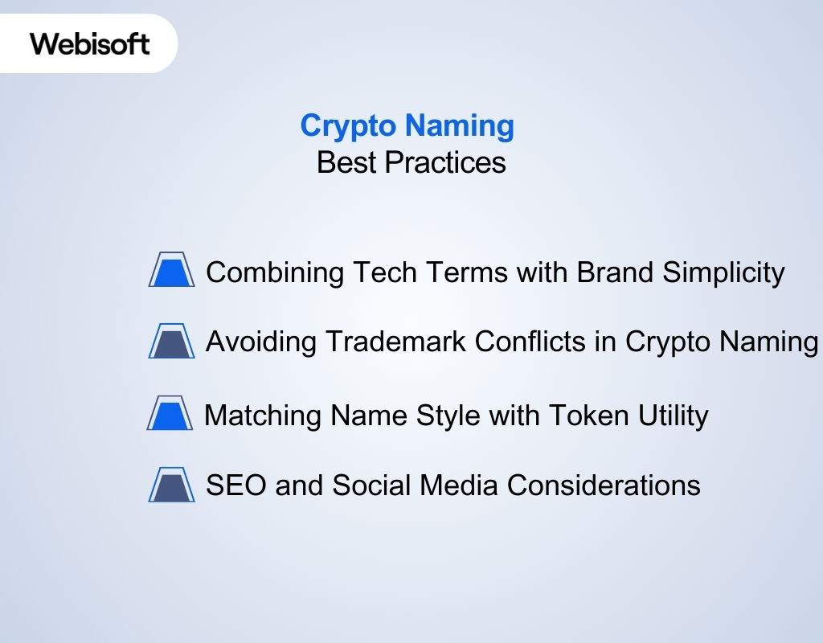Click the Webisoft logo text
90,43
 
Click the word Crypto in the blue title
348,125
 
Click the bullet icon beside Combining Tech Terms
171,270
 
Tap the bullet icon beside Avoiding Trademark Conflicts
171,341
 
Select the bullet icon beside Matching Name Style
170,414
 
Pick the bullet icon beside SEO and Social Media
171,485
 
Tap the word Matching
262,416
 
